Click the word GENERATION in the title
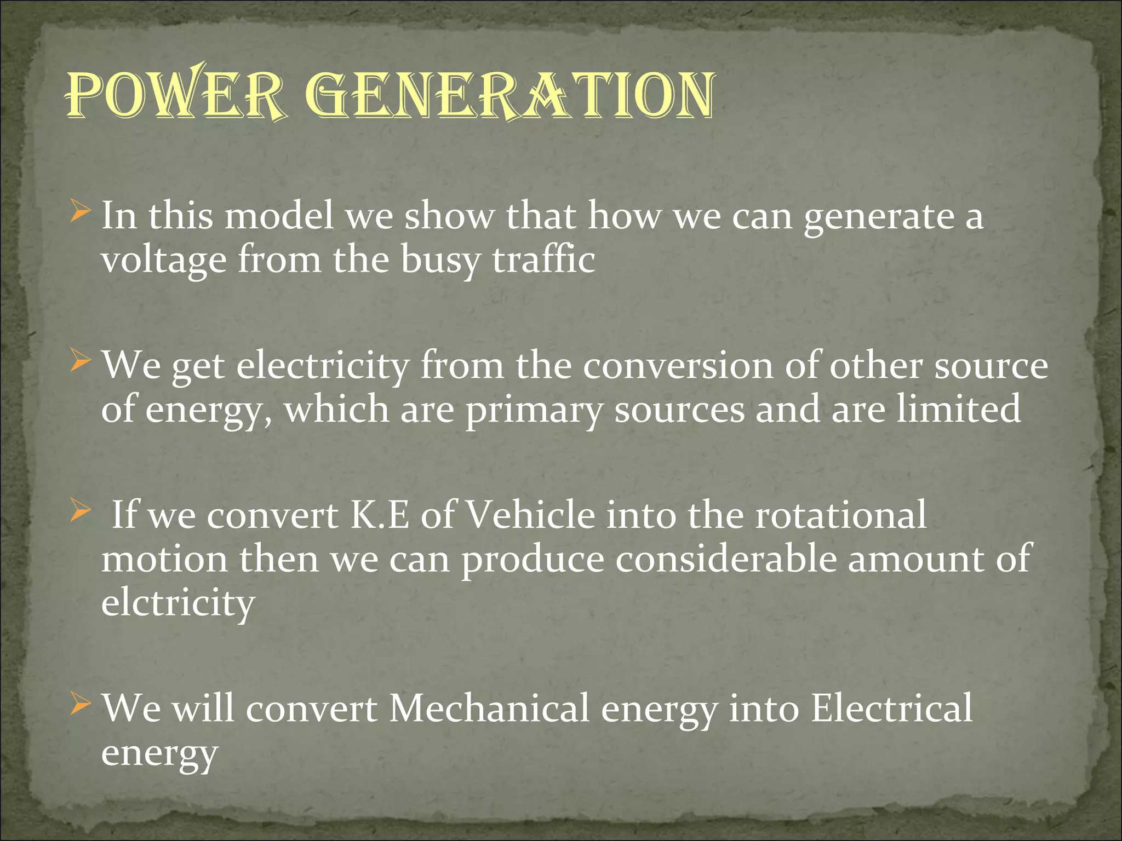(510, 96)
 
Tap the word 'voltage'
(163, 261)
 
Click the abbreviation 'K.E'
(379, 516)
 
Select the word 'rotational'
(841, 516)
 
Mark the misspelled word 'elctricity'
(178, 603)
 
